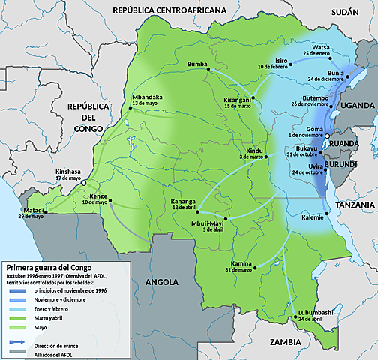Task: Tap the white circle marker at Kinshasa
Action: click(85, 183)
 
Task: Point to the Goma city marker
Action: click(327, 135)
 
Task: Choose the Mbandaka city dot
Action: click(129, 109)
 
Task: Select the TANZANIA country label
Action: click(356, 204)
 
